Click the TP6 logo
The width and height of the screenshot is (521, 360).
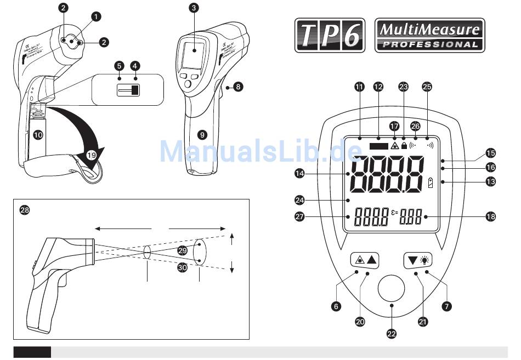click(330, 36)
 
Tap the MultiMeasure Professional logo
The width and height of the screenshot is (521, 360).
click(429, 36)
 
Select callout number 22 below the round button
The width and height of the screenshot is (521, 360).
click(391, 333)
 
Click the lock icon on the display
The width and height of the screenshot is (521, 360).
click(404, 146)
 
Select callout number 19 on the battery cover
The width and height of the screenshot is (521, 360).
click(91, 155)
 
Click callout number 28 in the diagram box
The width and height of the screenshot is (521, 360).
click(24, 210)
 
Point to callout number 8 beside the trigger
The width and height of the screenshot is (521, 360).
click(237, 86)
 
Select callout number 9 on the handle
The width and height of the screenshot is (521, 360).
click(202, 133)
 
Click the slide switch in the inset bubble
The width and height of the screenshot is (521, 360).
click(128, 90)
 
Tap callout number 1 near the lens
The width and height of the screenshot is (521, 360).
click(96, 16)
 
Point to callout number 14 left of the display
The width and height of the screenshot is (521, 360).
click(299, 174)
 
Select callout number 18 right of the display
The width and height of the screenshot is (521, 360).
click(490, 216)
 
